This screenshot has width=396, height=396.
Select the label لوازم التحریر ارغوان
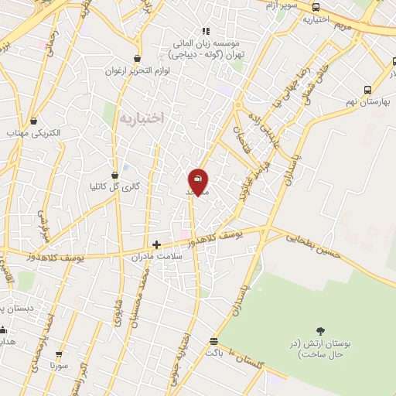click(x=138, y=70)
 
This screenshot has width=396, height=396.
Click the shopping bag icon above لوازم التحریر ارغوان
click(x=138, y=58)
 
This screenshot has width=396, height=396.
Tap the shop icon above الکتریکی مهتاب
click(x=33, y=121)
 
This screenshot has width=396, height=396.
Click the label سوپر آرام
click(x=281, y=5)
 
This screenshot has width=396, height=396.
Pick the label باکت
click(x=214, y=352)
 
